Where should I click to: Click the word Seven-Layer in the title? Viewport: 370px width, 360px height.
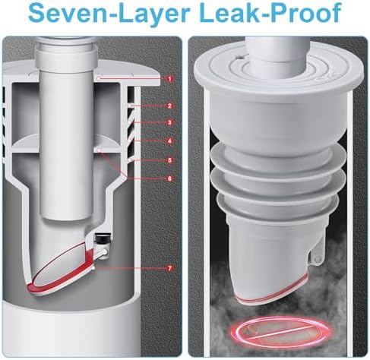(109, 14)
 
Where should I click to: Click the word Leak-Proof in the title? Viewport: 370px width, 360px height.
(270, 14)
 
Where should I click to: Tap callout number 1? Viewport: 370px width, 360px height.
(170, 79)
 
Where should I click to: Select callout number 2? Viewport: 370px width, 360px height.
(169, 106)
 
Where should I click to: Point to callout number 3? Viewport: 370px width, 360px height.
(169, 123)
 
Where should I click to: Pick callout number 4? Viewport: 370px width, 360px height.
(169, 141)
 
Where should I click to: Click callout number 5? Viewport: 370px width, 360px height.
(169, 160)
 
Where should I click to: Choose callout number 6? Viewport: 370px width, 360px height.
(169, 178)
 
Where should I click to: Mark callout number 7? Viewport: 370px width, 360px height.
(169, 269)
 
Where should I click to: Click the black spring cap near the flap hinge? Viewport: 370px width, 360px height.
(103, 238)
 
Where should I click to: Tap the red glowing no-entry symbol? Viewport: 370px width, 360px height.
(280, 331)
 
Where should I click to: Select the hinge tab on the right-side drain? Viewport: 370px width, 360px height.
(316, 255)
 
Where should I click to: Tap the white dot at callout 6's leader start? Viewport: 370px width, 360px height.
(99, 150)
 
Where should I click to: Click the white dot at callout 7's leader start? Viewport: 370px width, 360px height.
(94, 268)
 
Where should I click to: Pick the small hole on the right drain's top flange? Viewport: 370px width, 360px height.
(238, 58)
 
